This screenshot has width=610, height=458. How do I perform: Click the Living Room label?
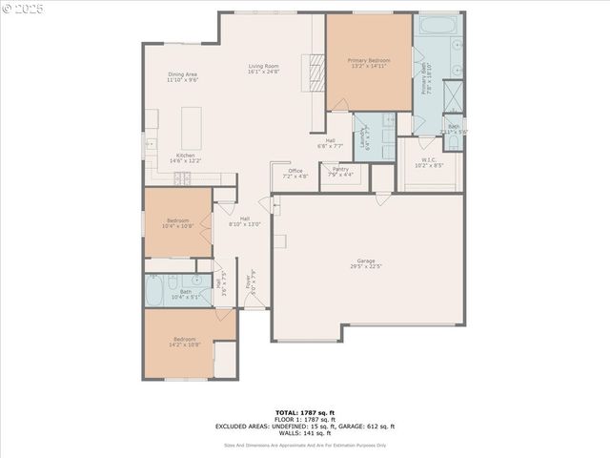coord(262,66)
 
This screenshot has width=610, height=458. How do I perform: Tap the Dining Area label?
coord(182,74)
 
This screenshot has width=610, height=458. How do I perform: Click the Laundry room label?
coord(363,141)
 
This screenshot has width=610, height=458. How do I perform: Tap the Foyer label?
coord(250,281)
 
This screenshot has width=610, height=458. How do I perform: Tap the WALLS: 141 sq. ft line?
coord(305,434)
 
